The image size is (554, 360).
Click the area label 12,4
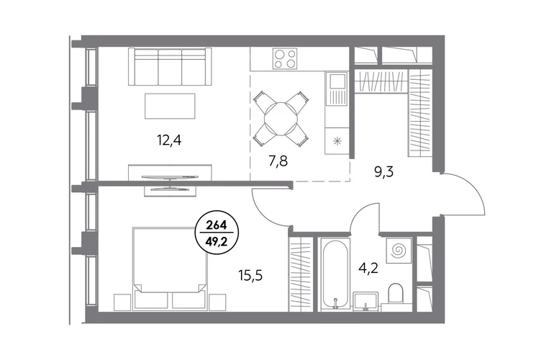click(x=169, y=140)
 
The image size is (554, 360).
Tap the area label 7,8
click(x=278, y=161)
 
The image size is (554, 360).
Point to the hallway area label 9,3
click(x=383, y=172)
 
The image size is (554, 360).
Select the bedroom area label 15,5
click(x=250, y=275)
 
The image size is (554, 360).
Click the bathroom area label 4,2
click(x=368, y=268)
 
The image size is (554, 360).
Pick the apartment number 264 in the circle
click(x=217, y=225)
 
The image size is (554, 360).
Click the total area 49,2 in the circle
click(x=217, y=241)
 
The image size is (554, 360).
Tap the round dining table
click(x=281, y=120)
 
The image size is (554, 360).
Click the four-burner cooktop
click(x=285, y=59)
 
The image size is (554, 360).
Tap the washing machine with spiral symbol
click(x=399, y=251)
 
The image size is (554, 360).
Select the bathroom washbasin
click(x=365, y=302)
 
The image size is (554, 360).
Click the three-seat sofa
click(x=170, y=66)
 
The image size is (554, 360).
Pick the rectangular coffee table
click(x=170, y=106)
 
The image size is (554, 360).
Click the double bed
click(x=170, y=269)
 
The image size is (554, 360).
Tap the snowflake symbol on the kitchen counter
click(x=337, y=141)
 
